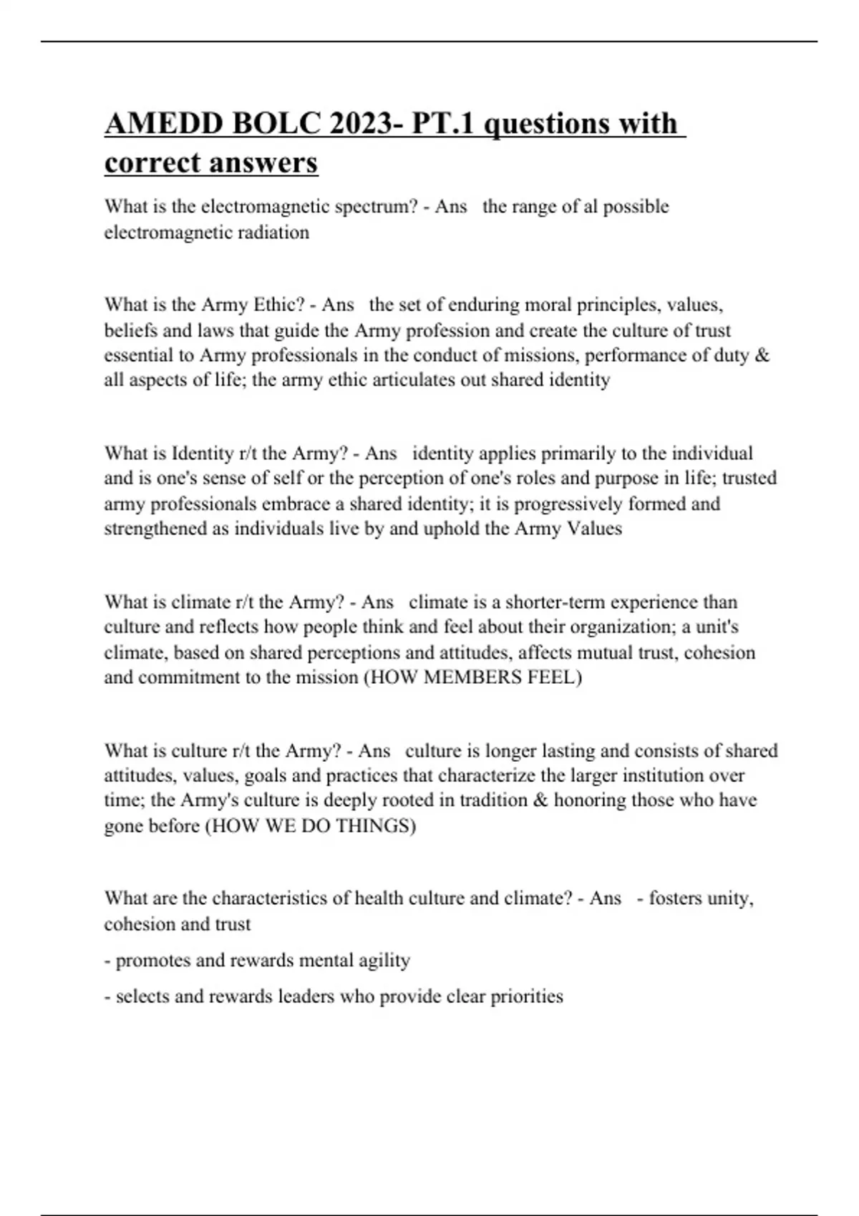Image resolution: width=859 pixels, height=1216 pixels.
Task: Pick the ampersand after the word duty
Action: click(x=762, y=356)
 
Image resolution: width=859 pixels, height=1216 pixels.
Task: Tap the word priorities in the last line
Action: click(x=527, y=996)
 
